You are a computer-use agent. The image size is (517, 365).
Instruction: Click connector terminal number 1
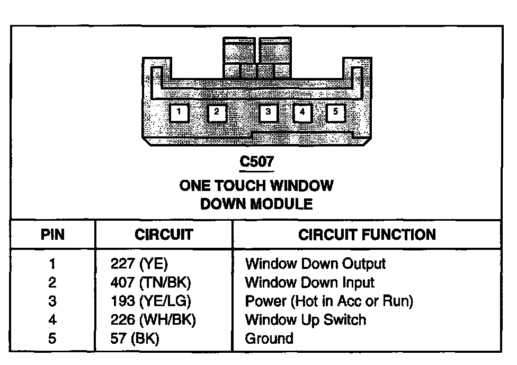(180, 112)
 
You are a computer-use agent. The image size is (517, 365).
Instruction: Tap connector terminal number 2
(217, 112)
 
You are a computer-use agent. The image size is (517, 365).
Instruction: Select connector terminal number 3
(269, 112)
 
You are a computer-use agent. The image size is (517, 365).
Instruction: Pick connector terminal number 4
(302, 112)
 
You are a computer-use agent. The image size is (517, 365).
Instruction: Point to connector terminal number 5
(336, 112)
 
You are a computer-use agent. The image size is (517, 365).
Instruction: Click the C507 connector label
(257, 161)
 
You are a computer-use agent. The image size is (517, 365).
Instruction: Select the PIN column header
(52, 234)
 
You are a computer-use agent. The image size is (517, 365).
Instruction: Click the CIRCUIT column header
(164, 234)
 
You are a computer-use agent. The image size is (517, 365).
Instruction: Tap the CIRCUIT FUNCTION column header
(367, 234)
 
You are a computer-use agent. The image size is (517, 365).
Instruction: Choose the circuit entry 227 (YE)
(139, 264)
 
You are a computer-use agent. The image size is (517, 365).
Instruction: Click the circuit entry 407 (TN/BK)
(150, 282)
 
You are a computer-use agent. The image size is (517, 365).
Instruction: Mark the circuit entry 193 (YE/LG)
(150, 301)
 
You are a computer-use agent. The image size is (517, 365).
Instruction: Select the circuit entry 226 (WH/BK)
(153, 319)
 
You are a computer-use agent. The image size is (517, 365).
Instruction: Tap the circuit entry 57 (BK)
(135, 338)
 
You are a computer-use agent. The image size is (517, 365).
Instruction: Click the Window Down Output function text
(315, 264)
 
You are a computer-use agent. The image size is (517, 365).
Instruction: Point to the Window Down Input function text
(309, 282)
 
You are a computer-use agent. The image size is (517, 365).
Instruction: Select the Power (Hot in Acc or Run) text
(328, 301)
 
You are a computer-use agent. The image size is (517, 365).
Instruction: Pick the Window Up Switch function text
(305, 319)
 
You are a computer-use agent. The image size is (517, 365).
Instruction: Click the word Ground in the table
(269, 338)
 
